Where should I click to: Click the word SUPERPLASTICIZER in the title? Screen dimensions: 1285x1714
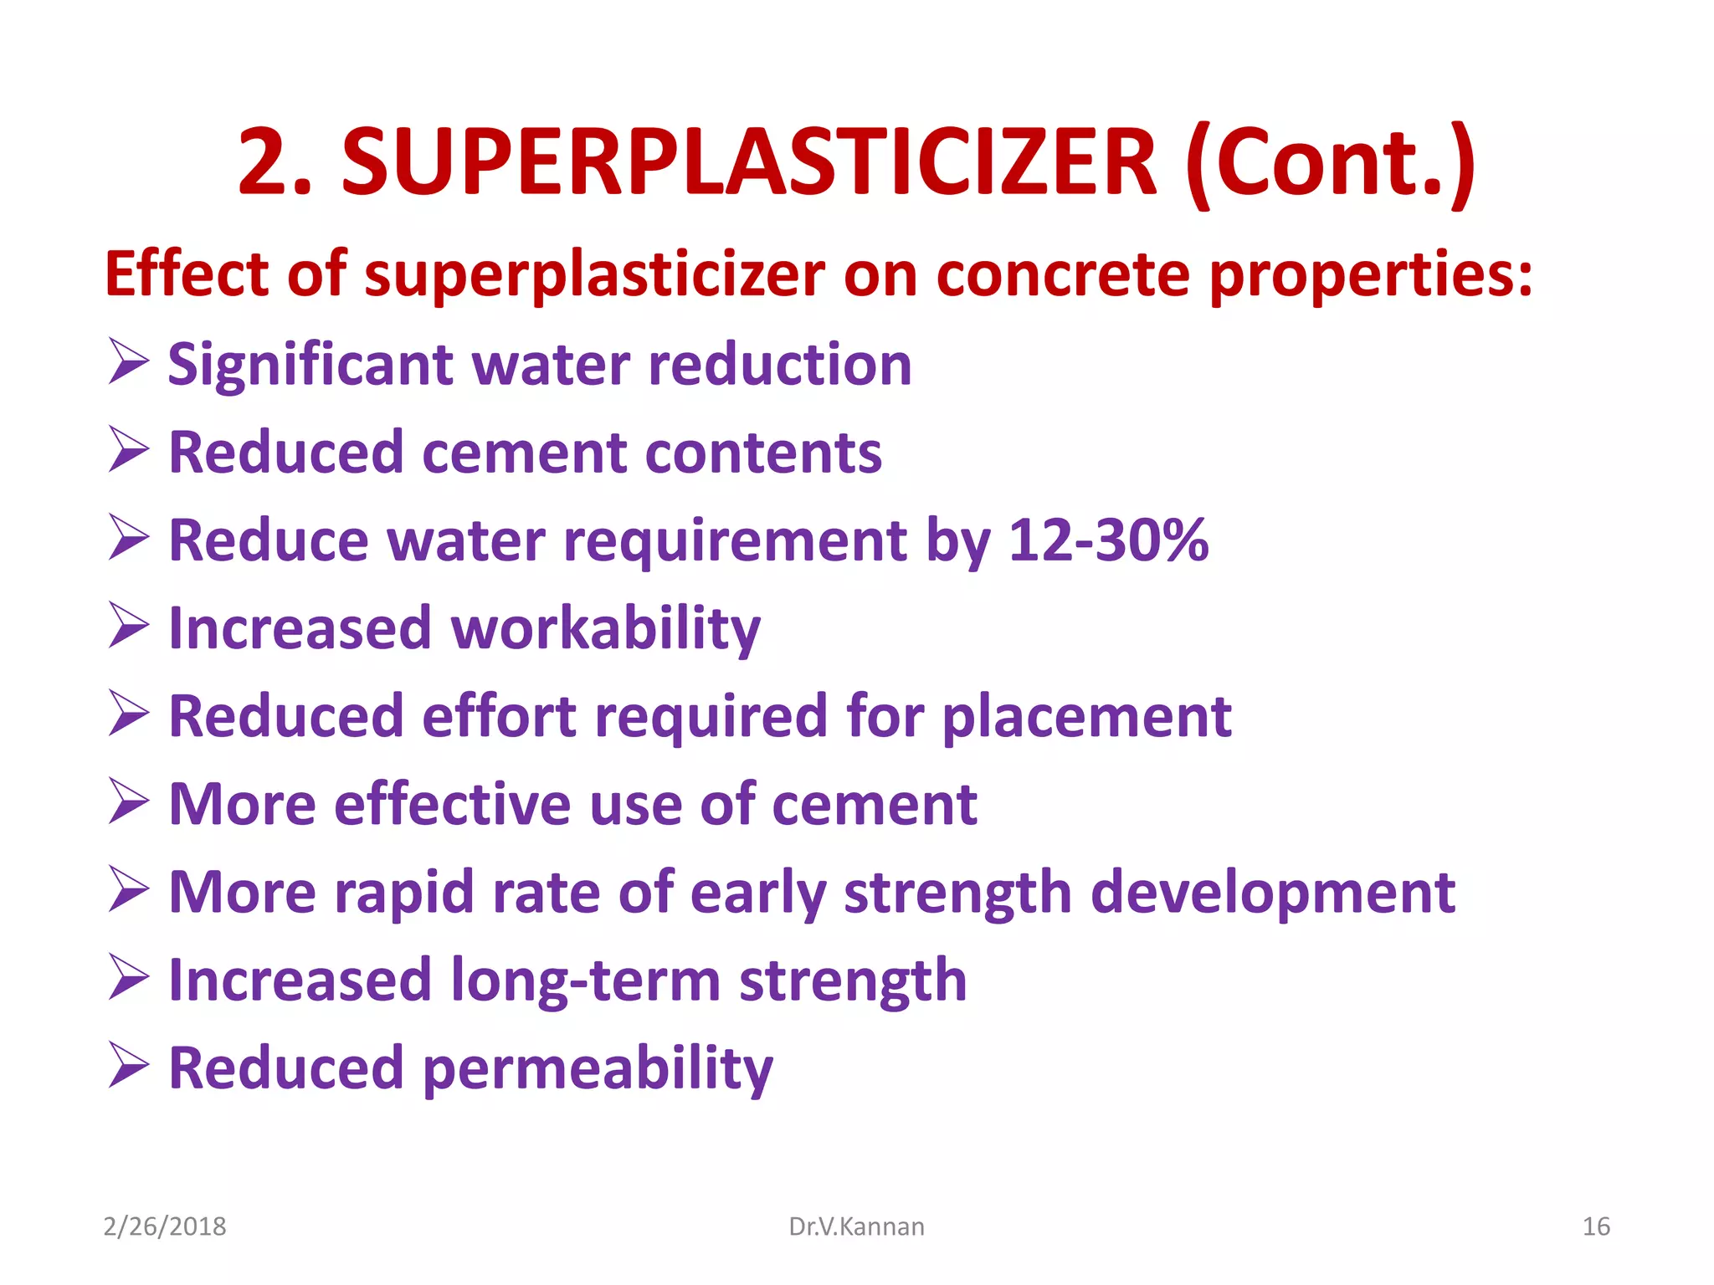tap(749, 161)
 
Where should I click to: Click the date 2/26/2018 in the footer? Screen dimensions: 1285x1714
tap(165, 1226)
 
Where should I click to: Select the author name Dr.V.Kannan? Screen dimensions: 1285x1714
tap(856, 1226)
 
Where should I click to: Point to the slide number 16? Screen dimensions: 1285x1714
tap(1596, 1226)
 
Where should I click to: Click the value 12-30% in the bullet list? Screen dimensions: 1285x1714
tap(1108, 540)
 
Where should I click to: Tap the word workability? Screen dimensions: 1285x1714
tap(606, 629)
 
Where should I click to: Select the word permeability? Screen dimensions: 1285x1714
tap(598, 1070)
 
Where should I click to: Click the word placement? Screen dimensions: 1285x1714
tap(1087, 718)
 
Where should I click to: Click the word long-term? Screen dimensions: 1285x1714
tap(585, 980)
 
